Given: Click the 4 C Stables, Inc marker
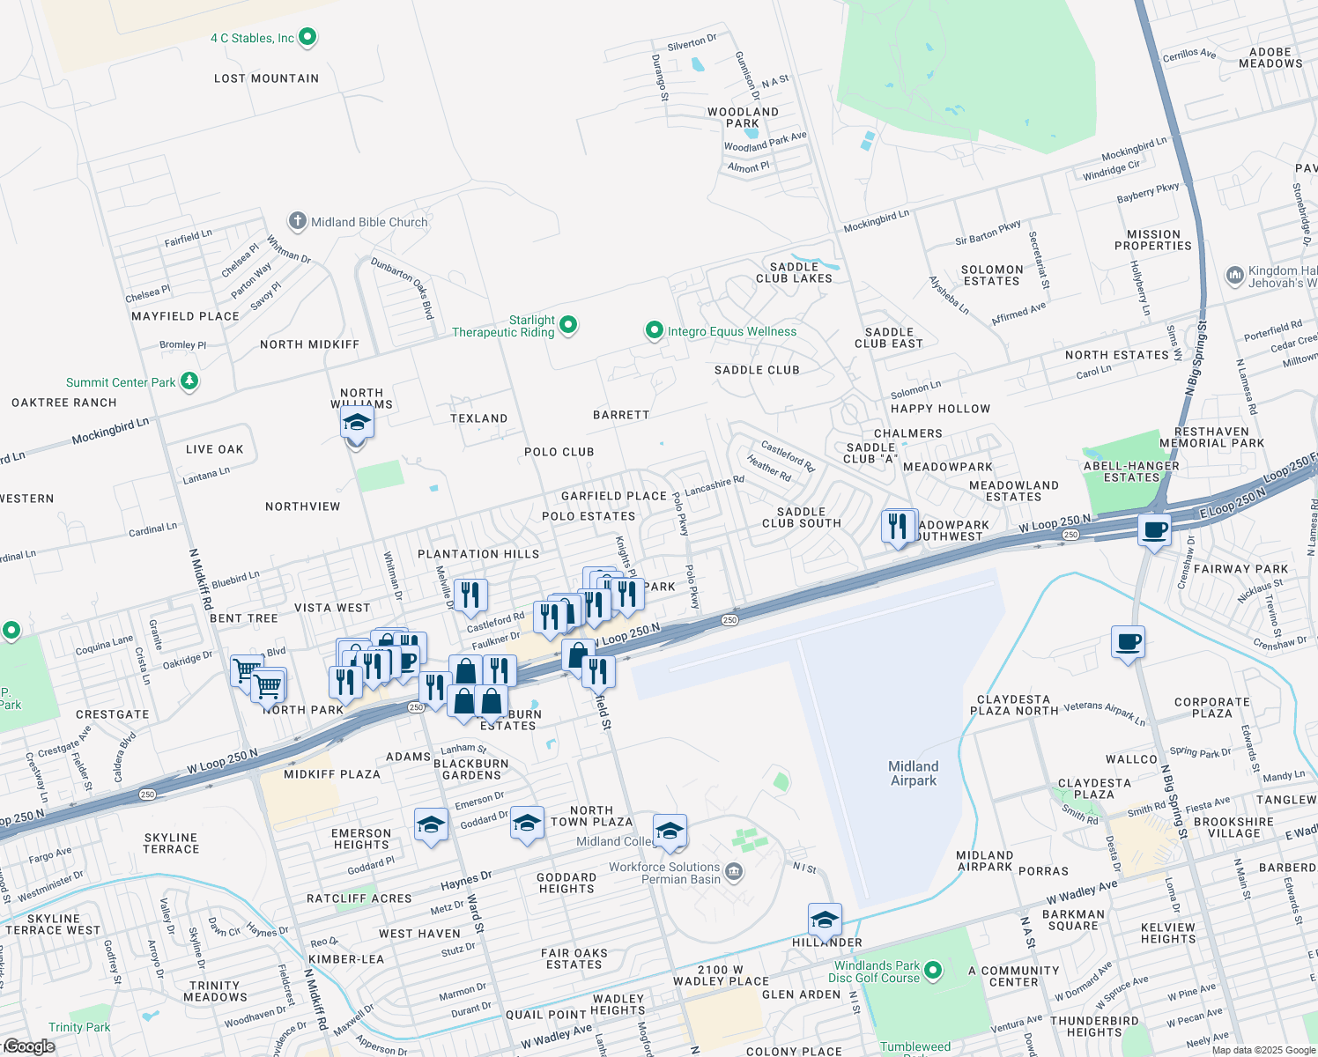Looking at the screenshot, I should tap(307, 37).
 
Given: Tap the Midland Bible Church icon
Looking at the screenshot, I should tap(298, 221).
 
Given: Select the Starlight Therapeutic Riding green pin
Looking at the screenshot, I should tap(568, 325).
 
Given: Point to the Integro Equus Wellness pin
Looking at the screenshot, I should tap(654, 330).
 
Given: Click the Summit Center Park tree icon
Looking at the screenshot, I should tap(189, 381).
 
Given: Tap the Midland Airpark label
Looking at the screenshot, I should tap(914, 773).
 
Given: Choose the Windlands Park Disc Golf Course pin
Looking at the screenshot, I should tap(933, 971).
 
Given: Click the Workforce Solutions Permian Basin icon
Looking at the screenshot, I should tap(734, 872).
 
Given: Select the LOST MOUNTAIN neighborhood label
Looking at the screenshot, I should tap(266, 78).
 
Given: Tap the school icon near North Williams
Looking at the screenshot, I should tap(357, 424).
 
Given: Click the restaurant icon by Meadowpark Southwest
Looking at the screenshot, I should tap(898, 527).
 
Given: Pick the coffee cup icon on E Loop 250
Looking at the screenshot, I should tap(1154, 530).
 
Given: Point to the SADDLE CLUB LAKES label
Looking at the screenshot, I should tap(794, 272).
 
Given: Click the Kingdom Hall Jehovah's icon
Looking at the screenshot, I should tap(1234, 276).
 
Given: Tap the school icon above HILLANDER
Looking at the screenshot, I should tap(825, 920).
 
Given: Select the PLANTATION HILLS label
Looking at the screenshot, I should tap(478, 554).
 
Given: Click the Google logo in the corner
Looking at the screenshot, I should tap(29, 1046).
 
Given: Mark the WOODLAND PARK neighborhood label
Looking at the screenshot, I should tap(743, 117).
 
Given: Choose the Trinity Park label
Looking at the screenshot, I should tap(79, 1027).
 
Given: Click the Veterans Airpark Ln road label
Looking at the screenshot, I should tap(1105, 713).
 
